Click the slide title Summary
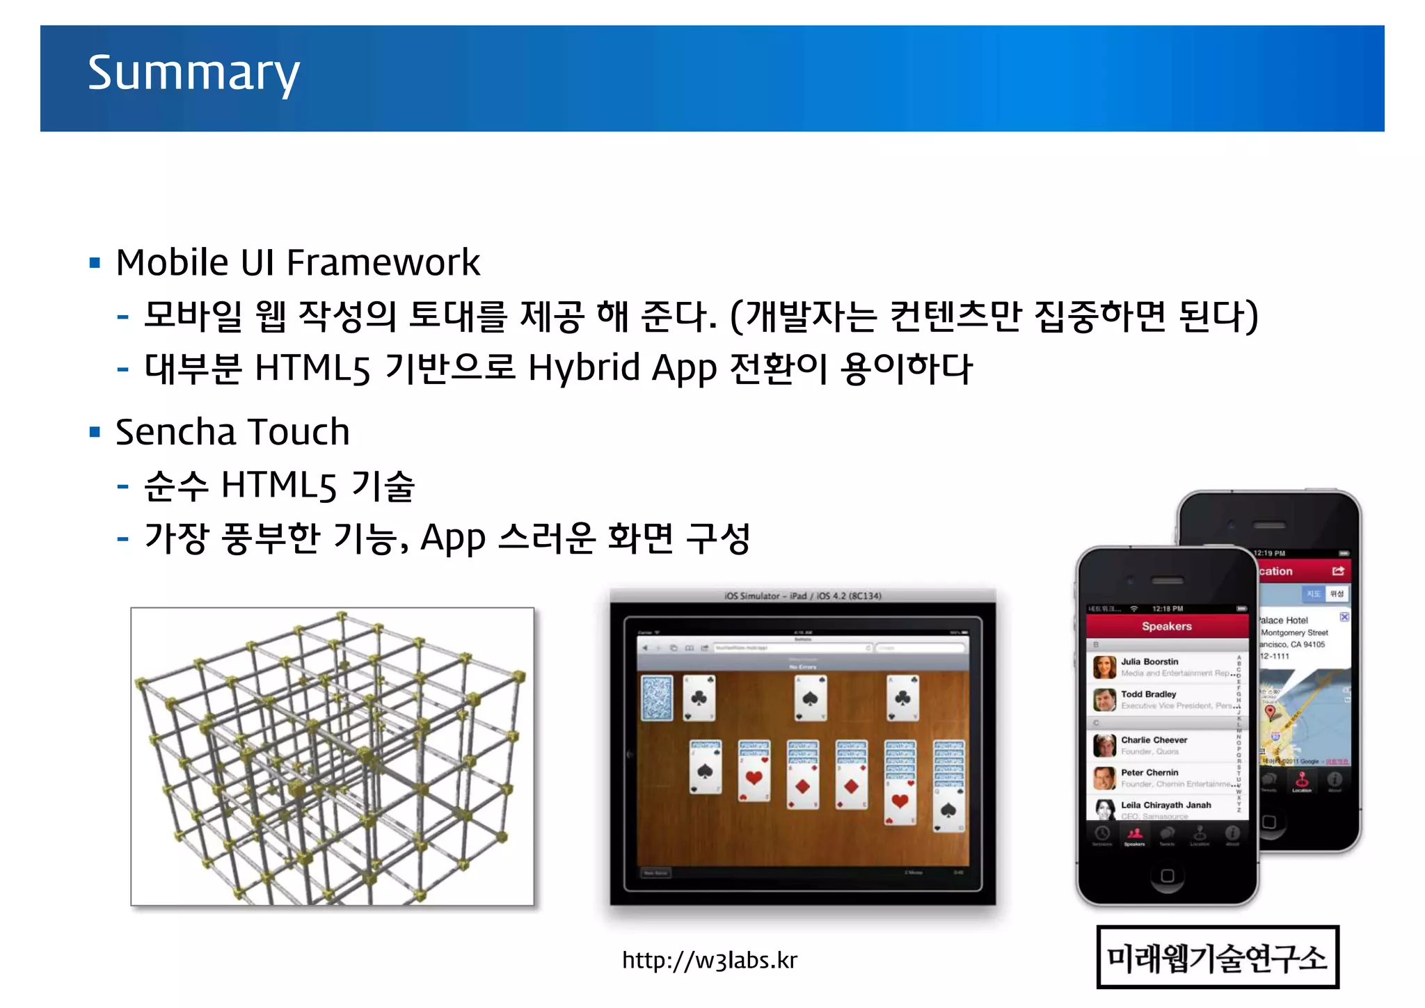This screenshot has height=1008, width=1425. pos(193,73)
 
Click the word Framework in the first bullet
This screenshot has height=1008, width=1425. pos(383,263)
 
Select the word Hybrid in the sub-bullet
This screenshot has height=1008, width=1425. pos(584,368)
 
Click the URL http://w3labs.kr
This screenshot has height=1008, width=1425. pos(709,960)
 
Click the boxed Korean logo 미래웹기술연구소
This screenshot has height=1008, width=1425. pos(1217,957)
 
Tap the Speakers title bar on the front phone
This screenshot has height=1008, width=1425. pos(1166,626)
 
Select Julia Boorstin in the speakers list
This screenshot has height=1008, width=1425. pos(1149,662)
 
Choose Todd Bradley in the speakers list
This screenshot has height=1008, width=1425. pos(1148,694)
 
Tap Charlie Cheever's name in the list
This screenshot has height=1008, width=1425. pos(1154,740)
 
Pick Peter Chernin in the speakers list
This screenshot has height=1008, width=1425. pos(1149,772)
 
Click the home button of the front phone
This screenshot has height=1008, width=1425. pos(1167,876)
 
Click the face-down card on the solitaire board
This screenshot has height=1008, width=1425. pos(656,697)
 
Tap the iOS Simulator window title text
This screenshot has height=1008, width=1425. pos(802,596)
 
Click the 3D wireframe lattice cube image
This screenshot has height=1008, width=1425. pos(332,756)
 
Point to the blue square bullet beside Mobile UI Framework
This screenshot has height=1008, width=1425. pos(95,263)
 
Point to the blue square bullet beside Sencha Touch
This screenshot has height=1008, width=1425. pos(95,432)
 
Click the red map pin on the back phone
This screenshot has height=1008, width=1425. pos(1270,711)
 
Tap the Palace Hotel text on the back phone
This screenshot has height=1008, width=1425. pos(1284,620)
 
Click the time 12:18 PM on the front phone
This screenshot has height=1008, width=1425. pos(1167,609)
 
